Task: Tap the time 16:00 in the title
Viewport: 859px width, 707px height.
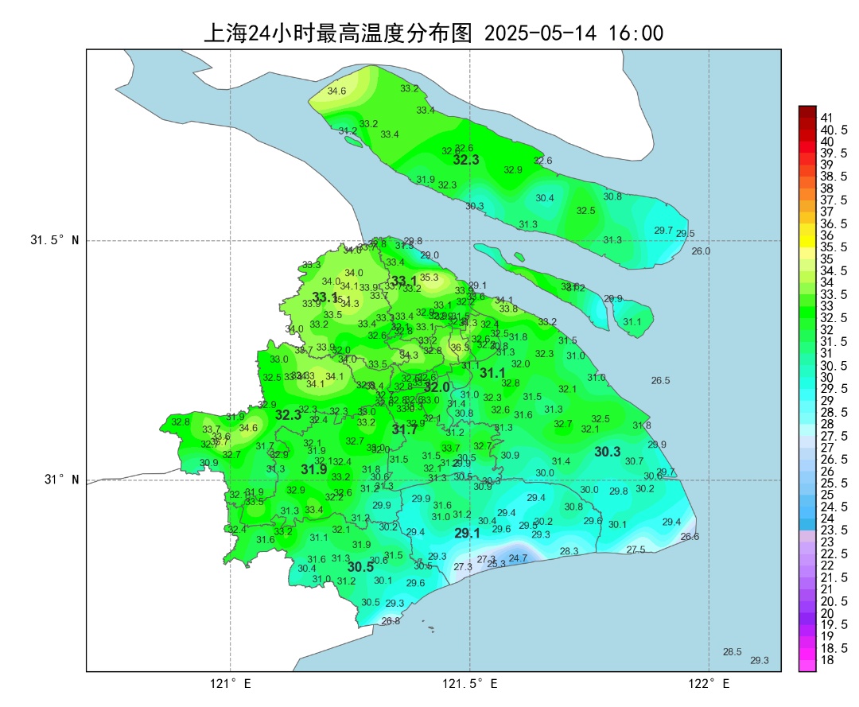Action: pos(636,34)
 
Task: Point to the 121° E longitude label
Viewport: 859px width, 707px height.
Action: pos(231,683)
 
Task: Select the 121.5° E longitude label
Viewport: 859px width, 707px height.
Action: pos(470,683)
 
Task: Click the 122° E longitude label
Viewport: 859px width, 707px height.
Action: pos(709,683)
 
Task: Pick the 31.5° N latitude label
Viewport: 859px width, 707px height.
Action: pos(55,240)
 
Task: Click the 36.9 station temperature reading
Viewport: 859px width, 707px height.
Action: pos(461,348)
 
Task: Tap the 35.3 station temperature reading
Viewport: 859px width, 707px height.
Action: pos(429,278)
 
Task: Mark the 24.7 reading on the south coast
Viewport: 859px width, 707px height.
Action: pos(518,558)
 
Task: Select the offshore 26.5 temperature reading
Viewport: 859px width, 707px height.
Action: pos(660,381)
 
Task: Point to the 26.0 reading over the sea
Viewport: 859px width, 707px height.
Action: pos(701,251)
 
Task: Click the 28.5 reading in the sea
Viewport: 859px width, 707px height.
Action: pos(732,652)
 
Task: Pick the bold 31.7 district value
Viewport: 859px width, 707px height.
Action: pos(405,430)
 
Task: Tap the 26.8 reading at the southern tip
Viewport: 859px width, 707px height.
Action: pos(391,621)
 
